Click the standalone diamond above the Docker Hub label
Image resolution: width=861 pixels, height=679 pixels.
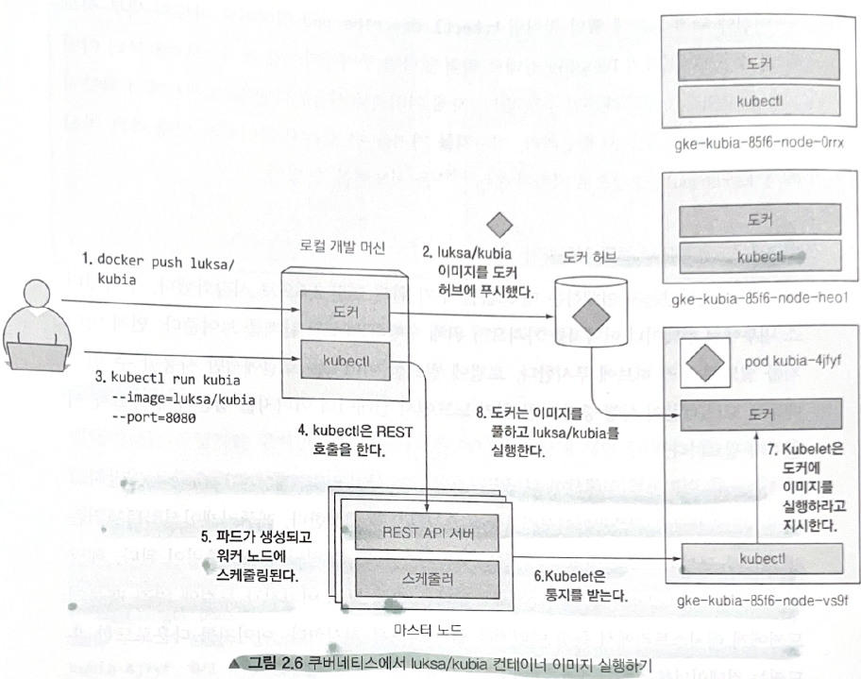(x=498, y=225)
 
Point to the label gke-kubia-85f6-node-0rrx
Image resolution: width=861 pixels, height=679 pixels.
(x=760, y=144)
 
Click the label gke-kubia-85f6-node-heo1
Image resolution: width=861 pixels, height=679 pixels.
(x=760, y=298)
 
